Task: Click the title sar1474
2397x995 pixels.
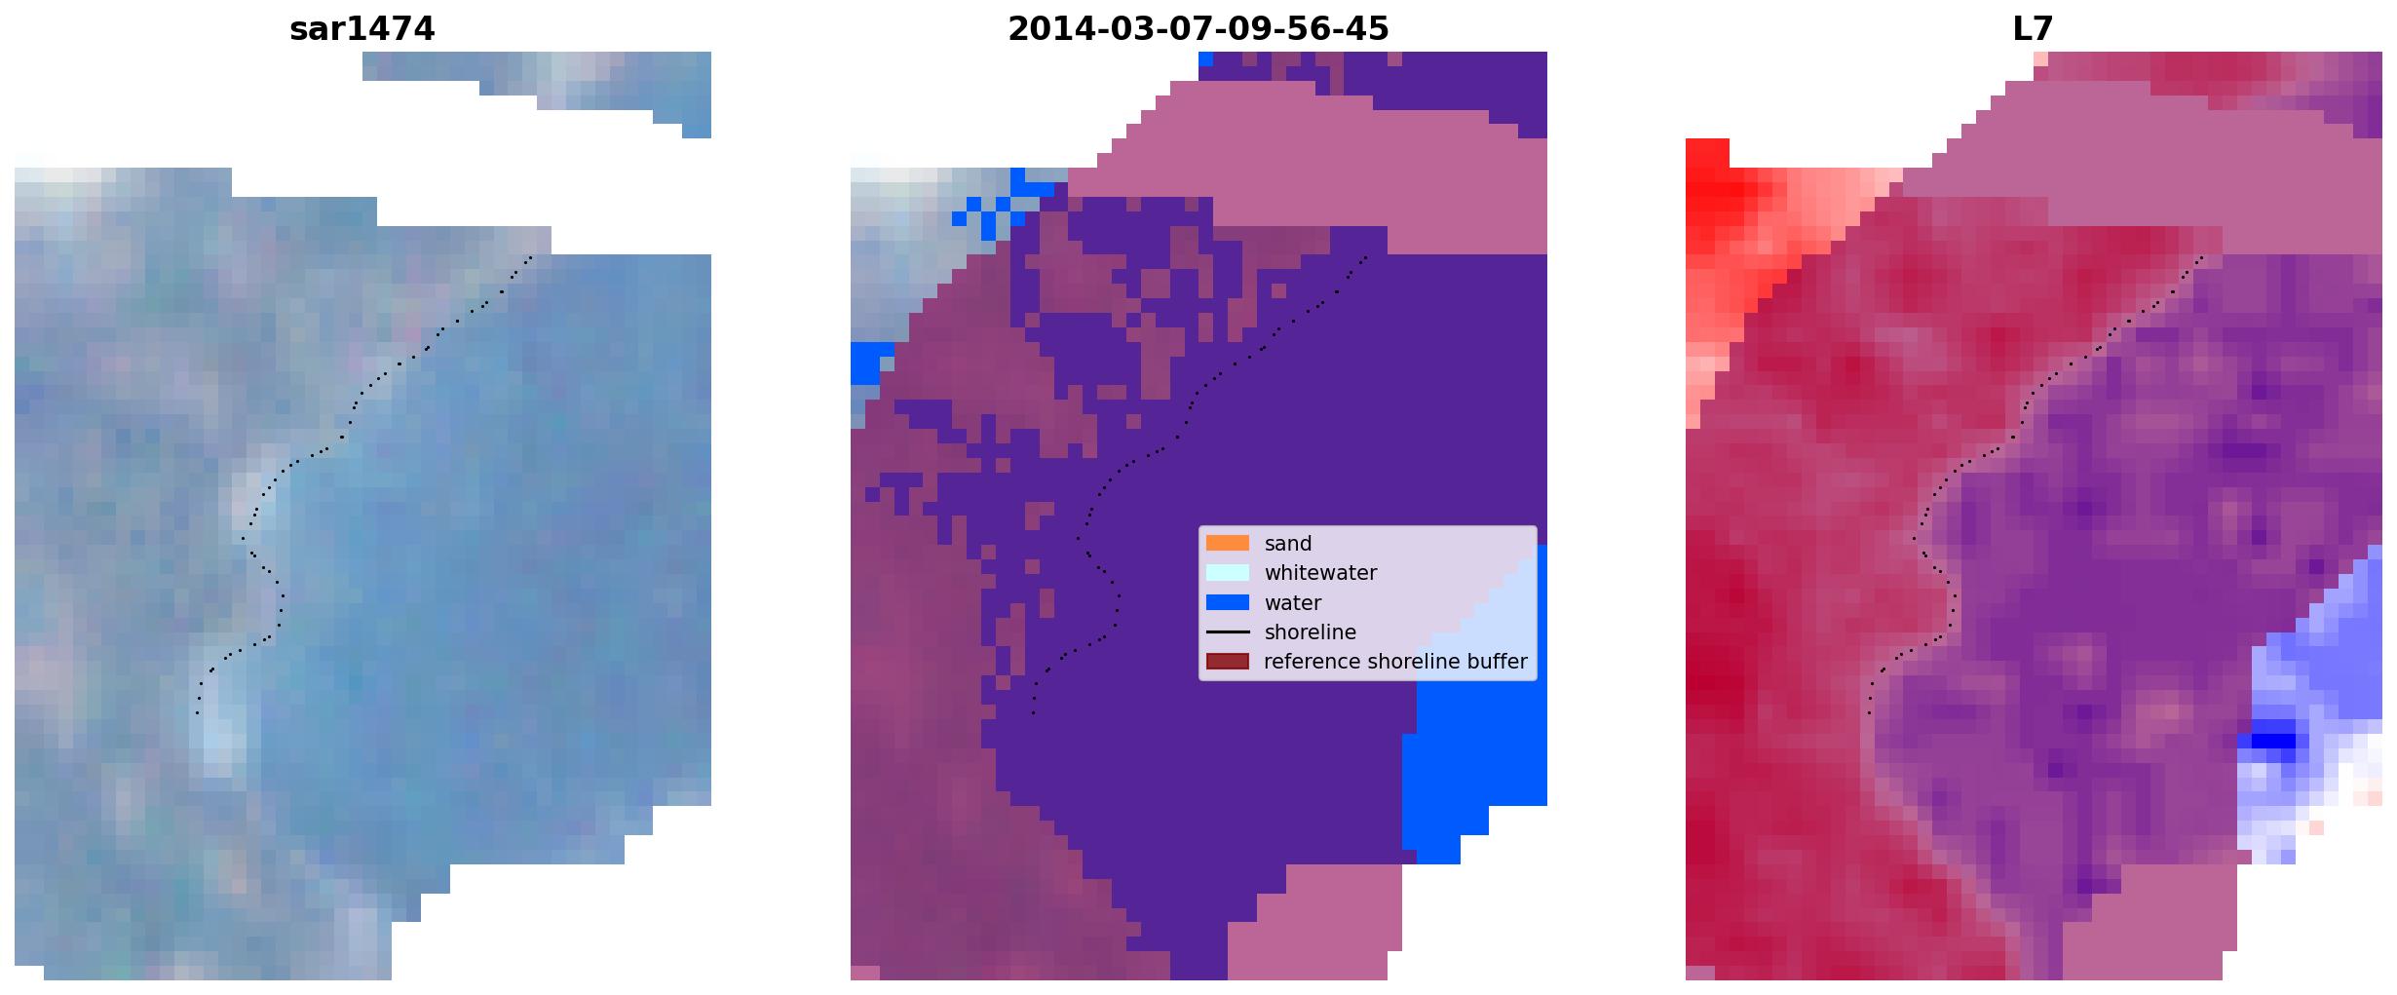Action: click(361, 29)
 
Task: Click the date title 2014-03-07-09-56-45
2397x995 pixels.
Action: click(1198, 29)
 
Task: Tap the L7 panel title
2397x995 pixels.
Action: click(2033, 29)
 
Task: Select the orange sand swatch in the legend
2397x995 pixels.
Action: click(1227, 543)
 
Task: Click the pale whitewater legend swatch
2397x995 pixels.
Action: click(1227, 572)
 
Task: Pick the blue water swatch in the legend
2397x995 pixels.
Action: click(1227, 602)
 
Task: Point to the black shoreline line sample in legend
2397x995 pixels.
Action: click(1227, 631)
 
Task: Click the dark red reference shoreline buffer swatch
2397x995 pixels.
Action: click(1227, 662)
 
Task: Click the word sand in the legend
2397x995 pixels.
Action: click(1288, 544)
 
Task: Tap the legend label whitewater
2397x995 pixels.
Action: click(1320, 573)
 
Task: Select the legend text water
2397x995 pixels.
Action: click(1293, 603)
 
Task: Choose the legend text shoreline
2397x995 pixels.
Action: click(1311, 632)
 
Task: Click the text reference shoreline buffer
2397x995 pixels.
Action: click(1395, 662)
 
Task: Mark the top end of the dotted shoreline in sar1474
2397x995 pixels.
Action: click(531, 257)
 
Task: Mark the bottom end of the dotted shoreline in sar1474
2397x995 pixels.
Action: click(197, 713)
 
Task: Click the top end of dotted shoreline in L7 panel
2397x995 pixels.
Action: click(2202, 257)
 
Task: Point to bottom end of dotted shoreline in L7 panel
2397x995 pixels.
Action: click(1869, 713)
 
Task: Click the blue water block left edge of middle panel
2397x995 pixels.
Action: click(871, 364)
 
